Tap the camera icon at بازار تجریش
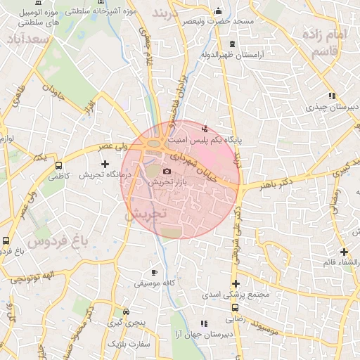coord(167,171)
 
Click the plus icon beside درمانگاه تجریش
coord(105,164)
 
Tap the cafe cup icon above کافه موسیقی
coord(155,272)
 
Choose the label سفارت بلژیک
coord(129,345)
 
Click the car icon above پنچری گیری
coord(126,311)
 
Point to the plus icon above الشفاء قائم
coord(344,252)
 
